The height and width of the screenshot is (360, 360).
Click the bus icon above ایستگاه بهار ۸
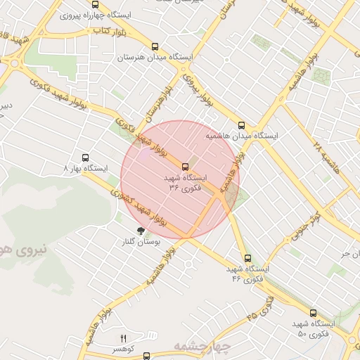click(x=86, y=158)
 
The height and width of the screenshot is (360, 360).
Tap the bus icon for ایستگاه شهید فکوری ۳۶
click(x=185, y=167)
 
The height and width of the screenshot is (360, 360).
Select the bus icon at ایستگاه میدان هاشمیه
click(x=242, y=124)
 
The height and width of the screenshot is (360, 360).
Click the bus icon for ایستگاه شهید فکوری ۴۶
click(x=246, y=259)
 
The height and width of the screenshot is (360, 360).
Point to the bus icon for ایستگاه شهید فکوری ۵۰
click(x=313, y=313)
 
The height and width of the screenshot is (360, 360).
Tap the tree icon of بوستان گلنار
click(x=141, y=230)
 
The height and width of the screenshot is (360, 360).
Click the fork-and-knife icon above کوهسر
click(x=124, y=338)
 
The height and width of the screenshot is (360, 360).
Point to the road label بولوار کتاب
click(x=111, y=32)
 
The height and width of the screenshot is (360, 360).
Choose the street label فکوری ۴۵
click(x=261, y=309)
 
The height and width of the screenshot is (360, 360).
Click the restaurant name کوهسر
click(x=123, y=348)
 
